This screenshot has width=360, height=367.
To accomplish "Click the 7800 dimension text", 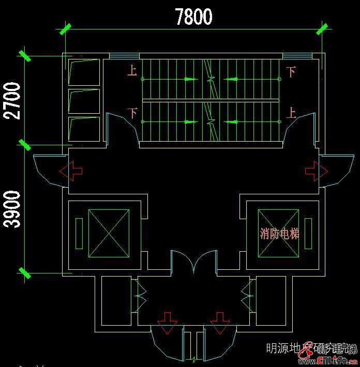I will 193,17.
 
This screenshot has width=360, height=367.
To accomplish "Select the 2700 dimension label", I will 13,100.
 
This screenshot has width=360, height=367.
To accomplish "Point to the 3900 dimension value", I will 13,209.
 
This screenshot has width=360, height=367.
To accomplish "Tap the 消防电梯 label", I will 279,234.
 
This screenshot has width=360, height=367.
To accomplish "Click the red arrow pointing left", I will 71,171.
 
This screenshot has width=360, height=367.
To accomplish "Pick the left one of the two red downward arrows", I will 168,322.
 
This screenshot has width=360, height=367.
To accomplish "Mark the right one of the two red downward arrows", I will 220,322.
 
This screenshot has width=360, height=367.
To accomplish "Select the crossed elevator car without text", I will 109,233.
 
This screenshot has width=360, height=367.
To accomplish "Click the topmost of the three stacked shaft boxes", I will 84,72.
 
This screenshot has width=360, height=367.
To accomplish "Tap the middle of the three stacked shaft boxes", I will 84,101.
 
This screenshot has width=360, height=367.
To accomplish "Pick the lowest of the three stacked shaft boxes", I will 84,129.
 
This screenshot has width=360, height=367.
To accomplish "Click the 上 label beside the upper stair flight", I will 132,70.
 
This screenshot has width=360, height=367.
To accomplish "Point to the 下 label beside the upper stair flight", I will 291,71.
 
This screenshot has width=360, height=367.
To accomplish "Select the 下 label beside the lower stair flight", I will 133,112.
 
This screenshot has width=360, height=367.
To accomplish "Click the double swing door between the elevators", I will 194,261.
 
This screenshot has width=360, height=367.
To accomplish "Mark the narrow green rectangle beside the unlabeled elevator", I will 79,233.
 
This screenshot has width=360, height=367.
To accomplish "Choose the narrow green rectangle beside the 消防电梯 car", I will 308,233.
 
